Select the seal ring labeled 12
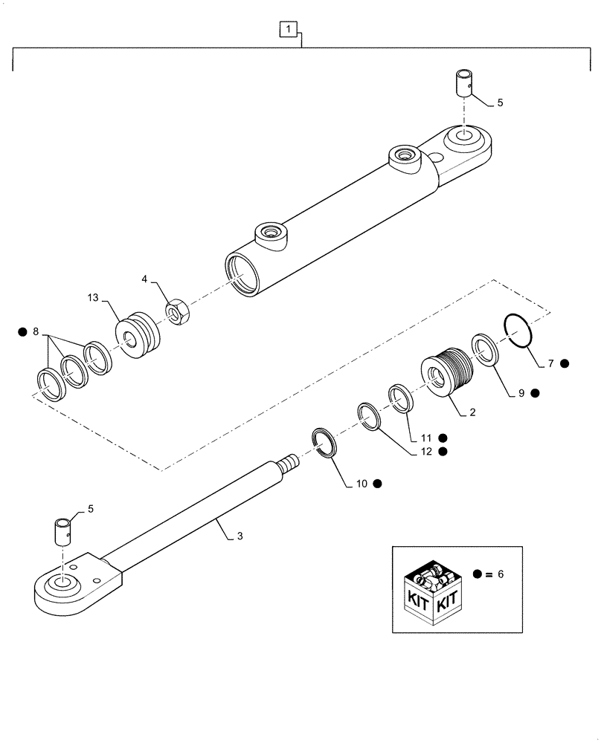click(368, 416)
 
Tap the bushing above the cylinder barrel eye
click(462, 82)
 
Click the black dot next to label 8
click(23, 331)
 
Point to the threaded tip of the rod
click(287, 464)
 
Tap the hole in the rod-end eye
click(63, 584)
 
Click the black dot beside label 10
click(377, 484)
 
